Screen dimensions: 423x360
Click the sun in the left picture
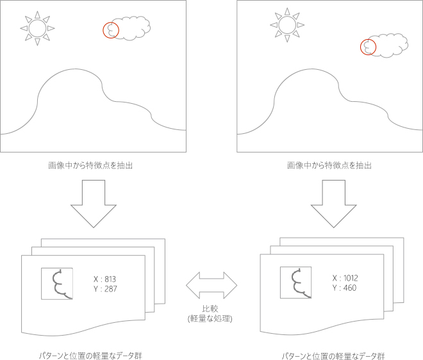click(38, 28)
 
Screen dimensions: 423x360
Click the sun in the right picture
click(287, 25)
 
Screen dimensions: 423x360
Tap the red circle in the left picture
click(111, 22)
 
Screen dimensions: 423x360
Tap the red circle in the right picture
click(369, 39)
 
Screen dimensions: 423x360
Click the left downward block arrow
click(94, 204)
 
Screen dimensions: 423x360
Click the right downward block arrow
click(334, 204)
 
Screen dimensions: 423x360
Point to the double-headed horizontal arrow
click(211, 285)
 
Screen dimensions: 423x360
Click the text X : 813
click(104, 279)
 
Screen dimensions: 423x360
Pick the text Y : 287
click(105, 289)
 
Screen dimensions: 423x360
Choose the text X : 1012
click(345, 278)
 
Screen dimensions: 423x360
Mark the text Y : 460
click(345, 288)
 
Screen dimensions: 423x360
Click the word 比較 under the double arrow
click(210, 309)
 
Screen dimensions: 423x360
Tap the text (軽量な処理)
click(210, 318)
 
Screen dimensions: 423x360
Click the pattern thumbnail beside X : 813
click(57, 284)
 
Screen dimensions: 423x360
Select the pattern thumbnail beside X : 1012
click(295, 282)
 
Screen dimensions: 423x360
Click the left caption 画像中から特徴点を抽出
click(90, 165)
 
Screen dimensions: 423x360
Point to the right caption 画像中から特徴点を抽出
click(329, 165)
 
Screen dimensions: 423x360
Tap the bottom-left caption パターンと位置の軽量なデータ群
click(90, 356)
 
